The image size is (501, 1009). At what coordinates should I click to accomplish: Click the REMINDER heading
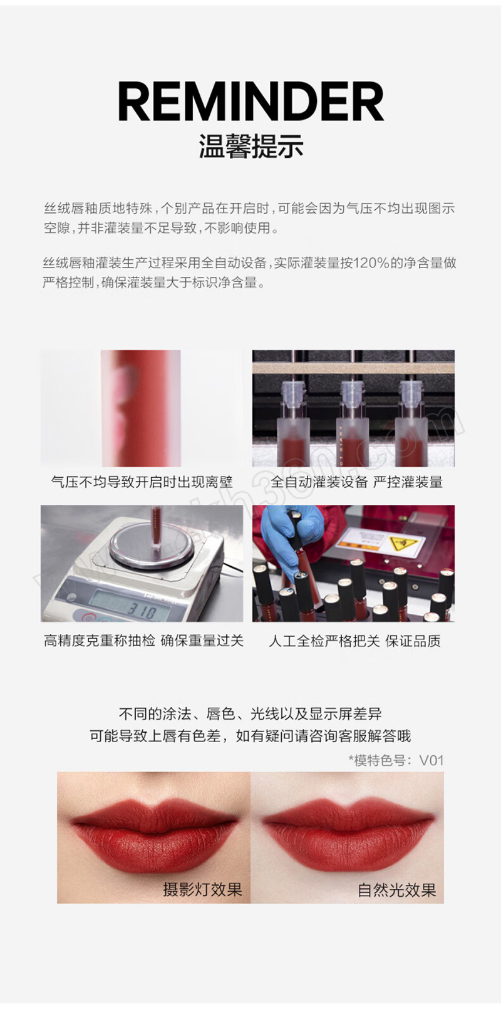click(250, 102)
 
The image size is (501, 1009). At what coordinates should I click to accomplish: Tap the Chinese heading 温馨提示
click(251, 147)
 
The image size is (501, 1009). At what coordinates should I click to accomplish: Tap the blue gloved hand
click(287, 529)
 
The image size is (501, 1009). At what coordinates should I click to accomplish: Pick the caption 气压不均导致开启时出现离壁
click(142, 482)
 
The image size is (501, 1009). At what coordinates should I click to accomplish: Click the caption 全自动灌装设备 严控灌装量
click(356, 482)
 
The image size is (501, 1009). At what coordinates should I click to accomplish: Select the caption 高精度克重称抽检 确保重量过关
click(143, 640)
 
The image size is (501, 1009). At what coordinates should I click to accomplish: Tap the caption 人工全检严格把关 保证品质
click(354, 640)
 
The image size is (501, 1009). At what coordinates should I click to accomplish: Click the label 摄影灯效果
click(202, 889)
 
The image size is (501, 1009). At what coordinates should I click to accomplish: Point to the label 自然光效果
click(397, 889)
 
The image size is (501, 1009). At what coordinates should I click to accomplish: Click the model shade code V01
click(431, 760)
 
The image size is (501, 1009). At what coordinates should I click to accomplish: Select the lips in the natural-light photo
click(348, 834)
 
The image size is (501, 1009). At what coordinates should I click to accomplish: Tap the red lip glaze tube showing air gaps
click(141, 408)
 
